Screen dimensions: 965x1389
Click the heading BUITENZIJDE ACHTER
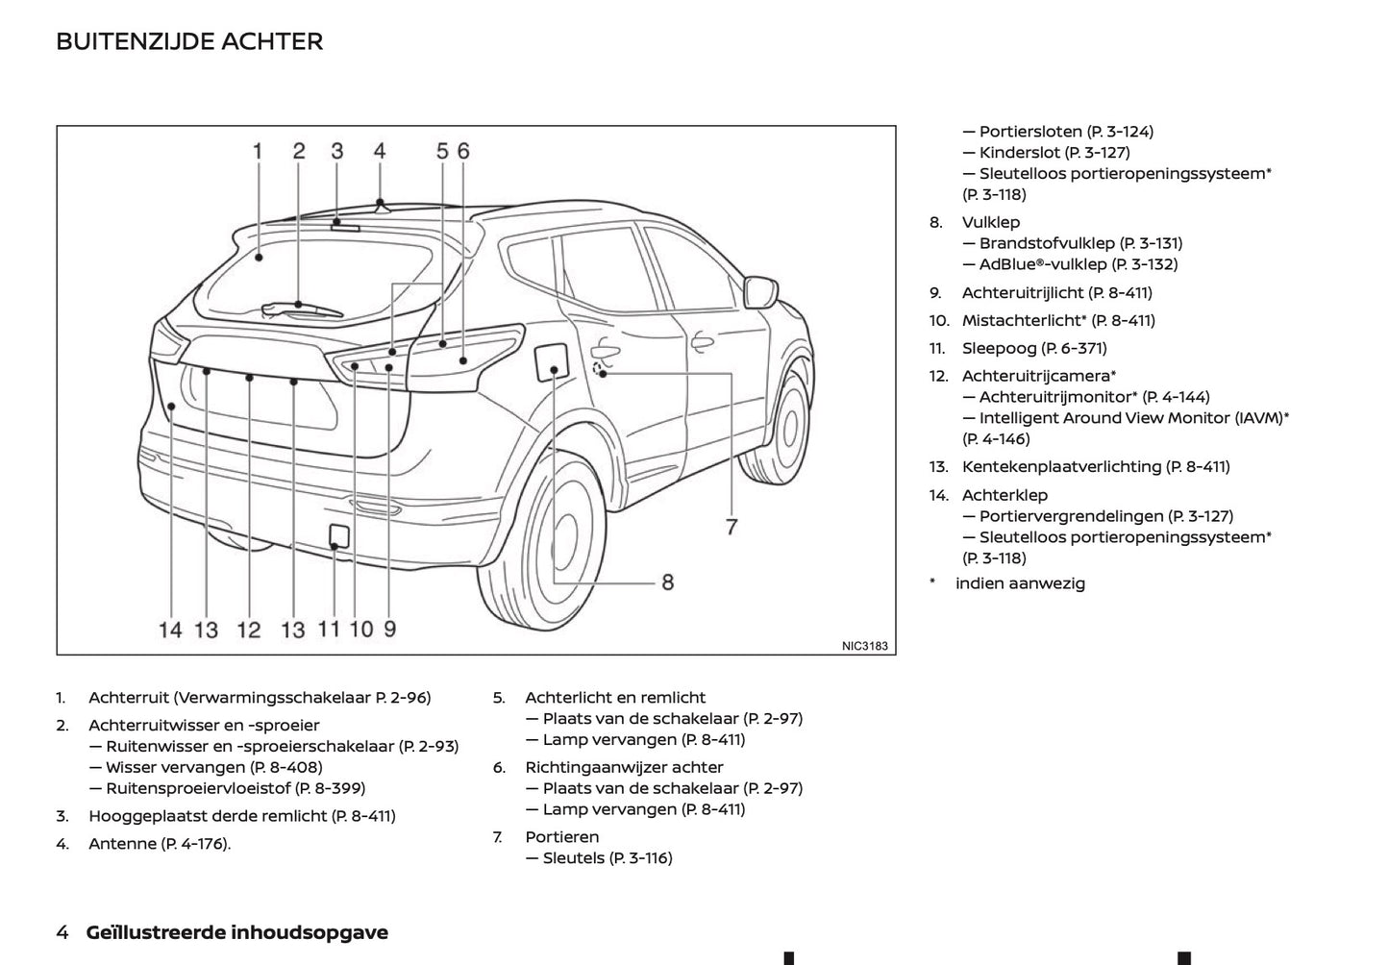click(x=189, y=41)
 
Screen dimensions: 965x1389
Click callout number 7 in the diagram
click(x=732, y=527)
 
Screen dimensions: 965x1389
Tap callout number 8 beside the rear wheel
click(x=667, y=581)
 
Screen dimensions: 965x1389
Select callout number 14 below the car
click(x=170, y=630)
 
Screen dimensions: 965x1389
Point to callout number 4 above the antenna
click(x=380, y=151)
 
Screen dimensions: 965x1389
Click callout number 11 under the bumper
click(x=329, y=629)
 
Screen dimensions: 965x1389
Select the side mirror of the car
click(x=760, y=292)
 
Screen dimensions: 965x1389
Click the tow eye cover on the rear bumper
click(x=337, y=535)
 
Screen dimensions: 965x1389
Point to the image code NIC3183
click(x=864, y=646)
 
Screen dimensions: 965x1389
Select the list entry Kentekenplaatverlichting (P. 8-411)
click(x=1095, y=466)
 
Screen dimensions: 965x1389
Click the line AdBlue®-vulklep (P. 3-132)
click(x=1078, y=263)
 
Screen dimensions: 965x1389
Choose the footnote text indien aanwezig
click(x=1019, y=582)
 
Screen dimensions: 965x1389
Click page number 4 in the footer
click(x=62, y=931)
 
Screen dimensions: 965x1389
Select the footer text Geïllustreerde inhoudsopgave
click(x=236, y=931)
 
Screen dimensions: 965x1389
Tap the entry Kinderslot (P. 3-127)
click(x=1054, y=152)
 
